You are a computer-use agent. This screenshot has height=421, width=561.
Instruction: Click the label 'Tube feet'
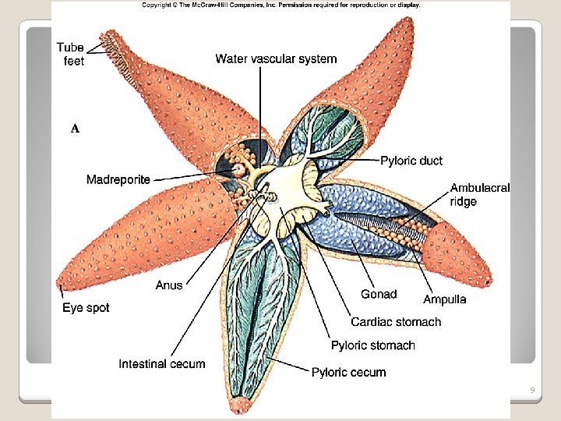[69, 55]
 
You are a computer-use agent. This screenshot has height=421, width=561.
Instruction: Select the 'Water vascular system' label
[276, 58]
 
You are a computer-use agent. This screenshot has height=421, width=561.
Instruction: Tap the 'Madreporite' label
[118, 180]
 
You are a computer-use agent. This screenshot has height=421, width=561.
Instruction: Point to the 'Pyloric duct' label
[411, 161]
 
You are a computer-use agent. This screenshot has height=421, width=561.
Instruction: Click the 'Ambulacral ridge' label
[480, 194]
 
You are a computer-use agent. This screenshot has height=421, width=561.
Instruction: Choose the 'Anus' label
[169, 285]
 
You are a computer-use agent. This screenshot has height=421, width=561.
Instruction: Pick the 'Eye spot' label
[86, 308]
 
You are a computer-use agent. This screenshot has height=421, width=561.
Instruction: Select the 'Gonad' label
[379, 294]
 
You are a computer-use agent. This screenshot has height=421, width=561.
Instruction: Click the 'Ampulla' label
[445, 299]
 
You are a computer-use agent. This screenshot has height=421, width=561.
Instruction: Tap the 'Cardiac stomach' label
[396, 322]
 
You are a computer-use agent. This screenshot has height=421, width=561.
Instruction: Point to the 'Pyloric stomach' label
[373, 345]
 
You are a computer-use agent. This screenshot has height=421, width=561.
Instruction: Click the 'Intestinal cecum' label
[162, 364]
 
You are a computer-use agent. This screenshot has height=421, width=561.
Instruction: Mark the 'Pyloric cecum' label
[349, 372]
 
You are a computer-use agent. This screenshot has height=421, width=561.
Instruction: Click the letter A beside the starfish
[75, 129]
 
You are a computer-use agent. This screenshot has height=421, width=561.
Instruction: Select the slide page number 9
[531, 390]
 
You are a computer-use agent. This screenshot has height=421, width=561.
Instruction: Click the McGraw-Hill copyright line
[280, 5]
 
